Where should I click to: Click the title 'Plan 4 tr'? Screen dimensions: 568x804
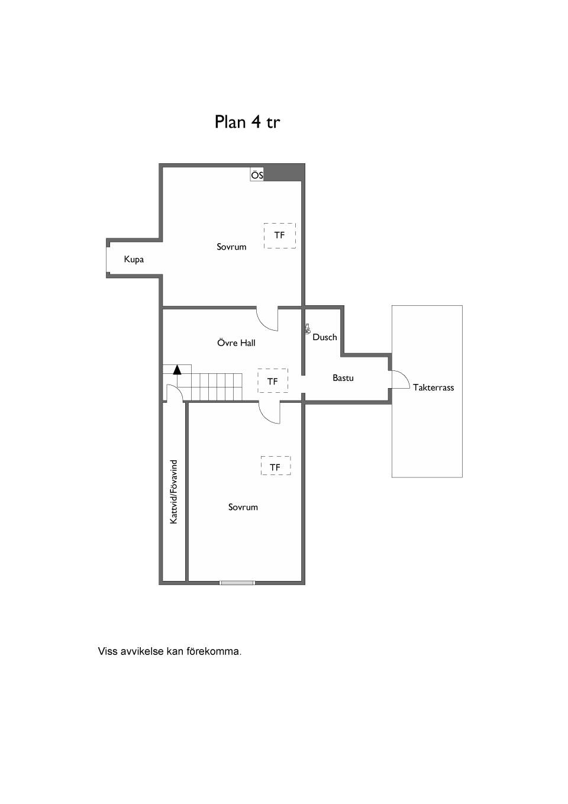tap(247, 122)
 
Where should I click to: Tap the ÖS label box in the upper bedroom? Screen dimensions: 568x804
tap(257, 175)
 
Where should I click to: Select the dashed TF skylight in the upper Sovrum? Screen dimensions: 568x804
tap(280, 235)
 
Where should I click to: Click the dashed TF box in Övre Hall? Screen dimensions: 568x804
tap(273, 381)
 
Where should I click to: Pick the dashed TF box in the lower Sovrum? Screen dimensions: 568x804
tap(275, 466)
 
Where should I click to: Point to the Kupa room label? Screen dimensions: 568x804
tap(134, 260)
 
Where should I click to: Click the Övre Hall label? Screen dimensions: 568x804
tap(236, 343)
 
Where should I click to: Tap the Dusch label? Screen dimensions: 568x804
tap(325, 337)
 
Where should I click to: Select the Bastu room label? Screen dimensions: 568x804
tap(343, 377)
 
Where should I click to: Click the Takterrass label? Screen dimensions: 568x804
tap(433, 388)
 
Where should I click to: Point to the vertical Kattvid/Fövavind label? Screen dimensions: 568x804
tap(174, 492)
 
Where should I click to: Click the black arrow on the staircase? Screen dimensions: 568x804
tap(177, 370)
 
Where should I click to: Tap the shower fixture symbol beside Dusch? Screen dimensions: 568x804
tap(307, 329)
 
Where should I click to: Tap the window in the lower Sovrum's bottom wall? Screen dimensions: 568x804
tap(237, 583)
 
